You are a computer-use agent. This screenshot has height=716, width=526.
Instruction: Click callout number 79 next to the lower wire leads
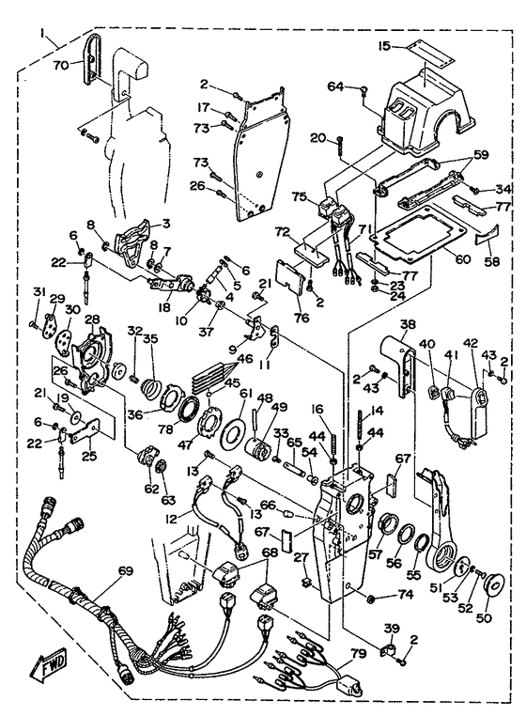pyautogui.click(x=358, y=651)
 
